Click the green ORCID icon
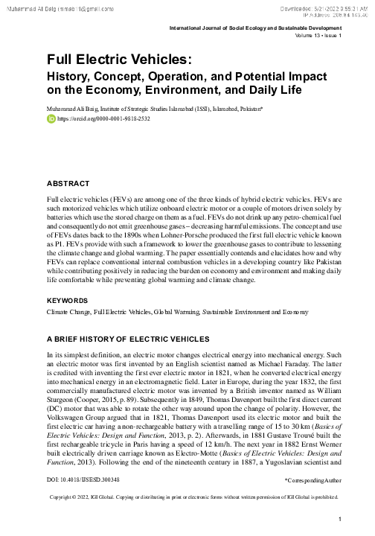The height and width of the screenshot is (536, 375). [51, 118]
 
